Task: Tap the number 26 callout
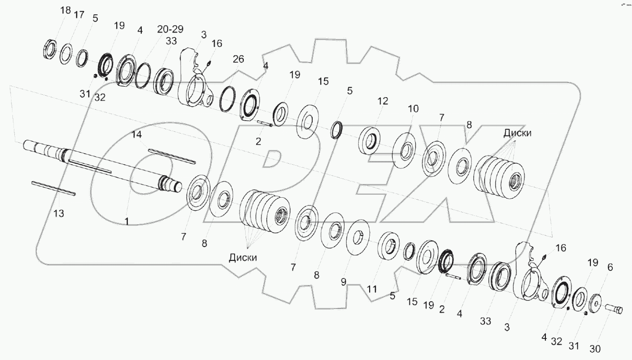(x=238, y=59)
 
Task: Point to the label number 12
(x=383, y=101)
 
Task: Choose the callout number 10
(x=413, y=109)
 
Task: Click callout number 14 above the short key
(x=136, y=135)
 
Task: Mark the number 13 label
(x=58, y=213)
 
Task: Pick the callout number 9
(x=343, y=282)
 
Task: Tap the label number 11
(x=372, y=289)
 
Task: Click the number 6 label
(x=609, y=269)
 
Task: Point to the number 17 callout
(x=78, y=15)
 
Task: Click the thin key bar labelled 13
(x=54, y=188)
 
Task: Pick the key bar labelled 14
(x=171, y=156)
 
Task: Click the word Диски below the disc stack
(x=243, y=257)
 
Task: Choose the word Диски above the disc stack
(x=517, y=134)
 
